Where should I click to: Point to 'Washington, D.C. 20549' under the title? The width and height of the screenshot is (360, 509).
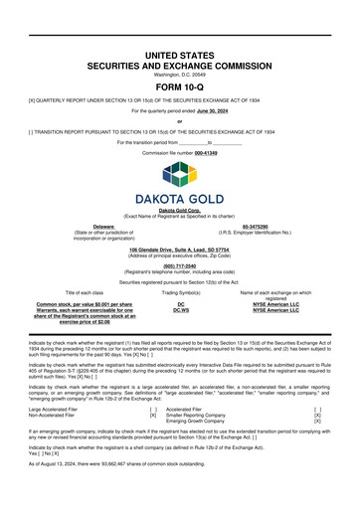pos(180,74)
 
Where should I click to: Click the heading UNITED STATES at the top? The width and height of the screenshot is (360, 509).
pos(180,51)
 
